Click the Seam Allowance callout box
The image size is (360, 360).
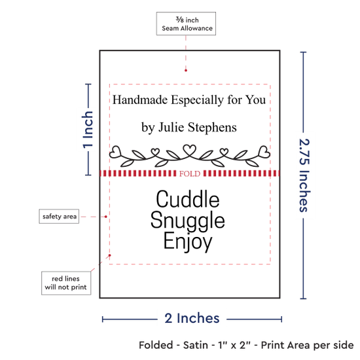(186, 24)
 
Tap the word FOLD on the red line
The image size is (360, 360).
(190, 174)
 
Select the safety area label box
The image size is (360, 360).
(59, 216)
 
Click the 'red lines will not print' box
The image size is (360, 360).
(66, 283)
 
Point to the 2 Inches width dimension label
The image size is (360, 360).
(192, 318)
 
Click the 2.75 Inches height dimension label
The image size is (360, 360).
(304, 175)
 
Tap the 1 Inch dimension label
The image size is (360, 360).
(88, 130)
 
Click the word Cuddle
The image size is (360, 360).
(188, 199)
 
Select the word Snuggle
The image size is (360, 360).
(188, 221)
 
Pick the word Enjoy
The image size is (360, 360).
(188, 242)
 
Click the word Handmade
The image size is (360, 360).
(140, 100)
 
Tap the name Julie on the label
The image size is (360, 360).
(171, 127)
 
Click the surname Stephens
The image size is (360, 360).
(212, 127)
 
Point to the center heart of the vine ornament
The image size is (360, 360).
(189, 149)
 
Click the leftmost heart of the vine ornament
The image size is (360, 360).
(115, 152)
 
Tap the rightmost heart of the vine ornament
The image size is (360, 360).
(264, 152)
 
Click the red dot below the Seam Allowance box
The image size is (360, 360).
(186, 70)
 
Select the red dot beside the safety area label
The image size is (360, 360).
(106, 217)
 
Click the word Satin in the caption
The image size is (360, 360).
(196, 345)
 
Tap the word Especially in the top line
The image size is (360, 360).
(197, 100)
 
